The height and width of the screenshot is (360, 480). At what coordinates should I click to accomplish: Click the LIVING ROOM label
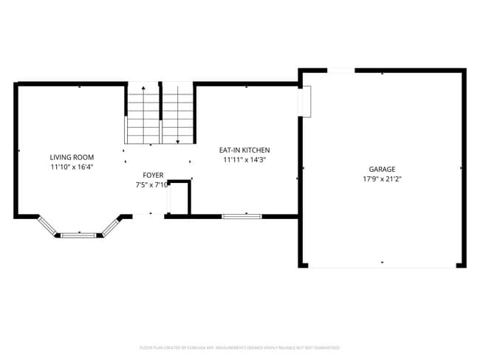72,157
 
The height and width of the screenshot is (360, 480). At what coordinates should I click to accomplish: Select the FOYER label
153,175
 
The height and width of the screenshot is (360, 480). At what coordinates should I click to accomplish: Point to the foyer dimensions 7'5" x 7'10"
152,185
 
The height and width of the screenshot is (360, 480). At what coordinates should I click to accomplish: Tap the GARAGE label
383,169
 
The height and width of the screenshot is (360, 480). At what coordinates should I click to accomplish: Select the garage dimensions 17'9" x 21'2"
383,179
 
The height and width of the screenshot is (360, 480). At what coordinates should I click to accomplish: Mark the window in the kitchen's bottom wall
241,216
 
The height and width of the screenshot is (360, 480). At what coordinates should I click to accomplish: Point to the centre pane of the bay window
80,235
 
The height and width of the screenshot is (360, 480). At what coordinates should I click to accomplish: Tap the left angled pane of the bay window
47,226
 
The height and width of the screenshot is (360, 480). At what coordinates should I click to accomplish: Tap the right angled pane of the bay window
112,226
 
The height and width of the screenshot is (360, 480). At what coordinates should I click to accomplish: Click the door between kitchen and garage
306,101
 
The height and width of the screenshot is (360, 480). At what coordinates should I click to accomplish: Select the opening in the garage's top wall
340,71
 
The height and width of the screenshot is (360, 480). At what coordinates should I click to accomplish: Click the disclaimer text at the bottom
239,347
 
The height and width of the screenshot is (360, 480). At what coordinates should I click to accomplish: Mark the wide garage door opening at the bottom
383,266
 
